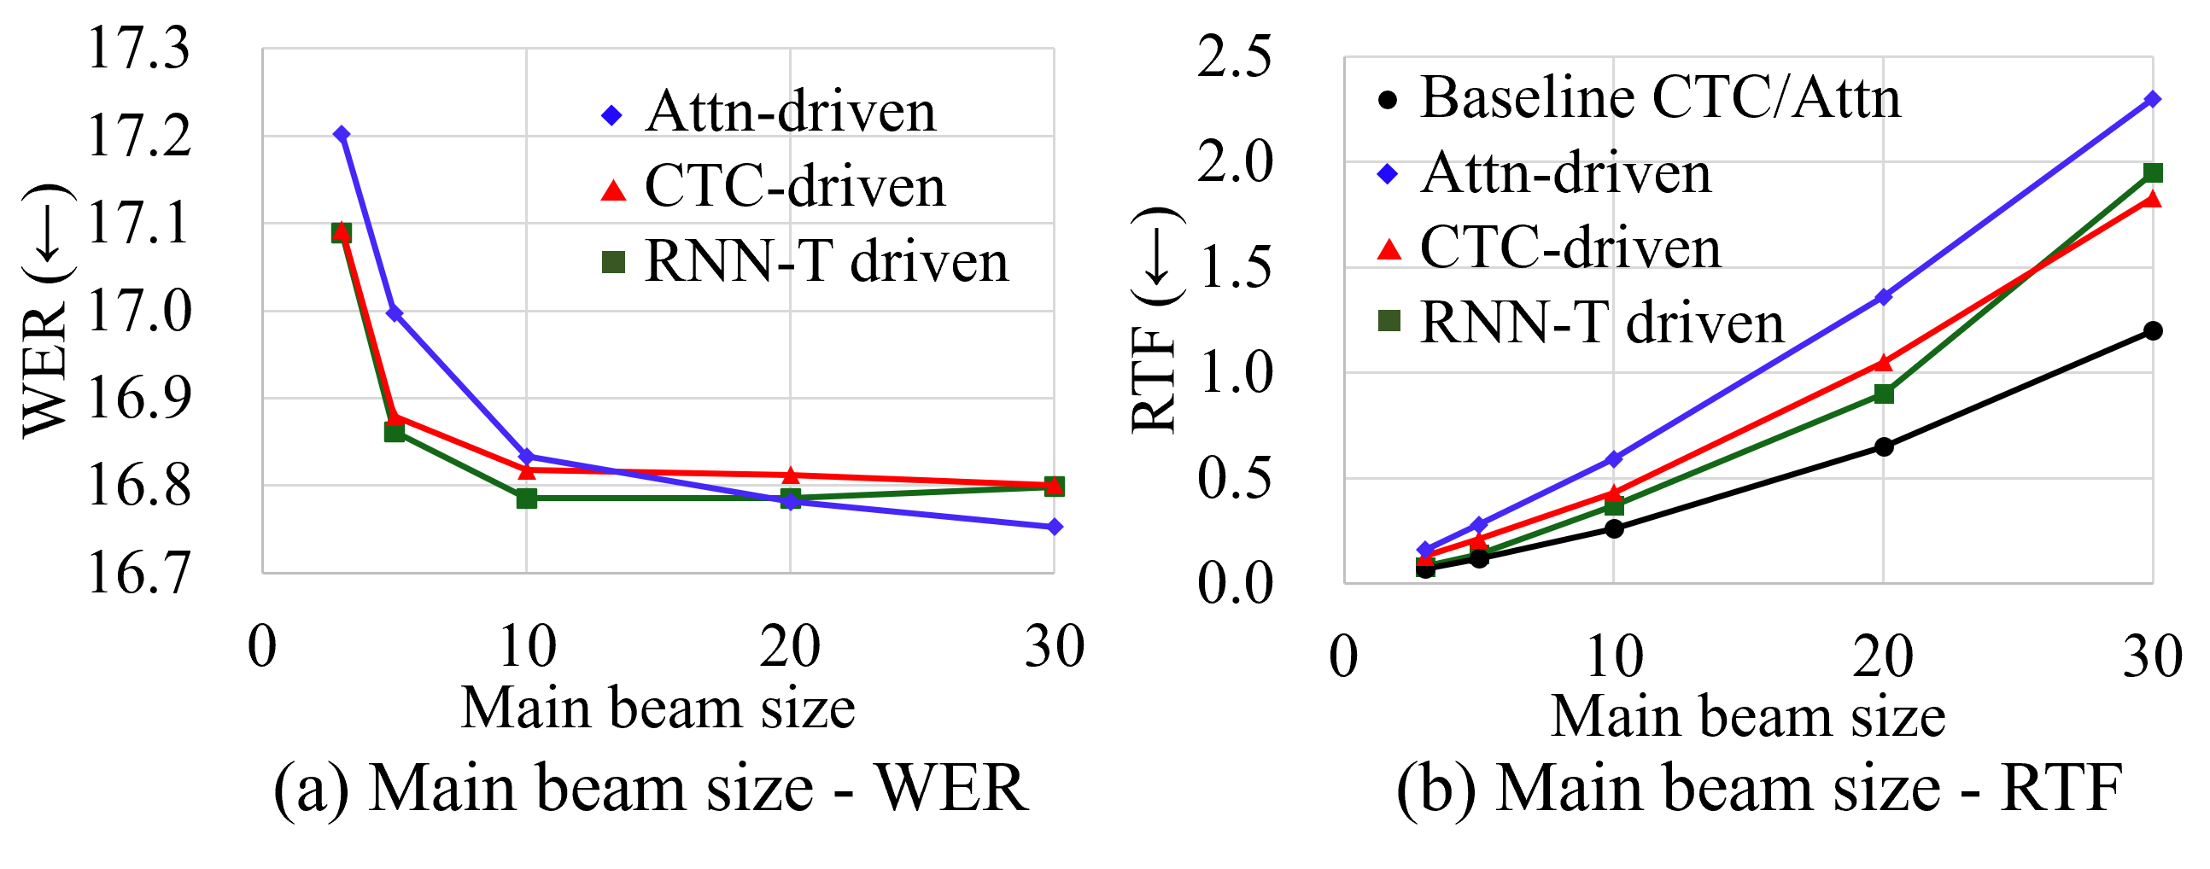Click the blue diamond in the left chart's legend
(x=611, y=115)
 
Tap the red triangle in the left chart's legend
(x=613, y=190)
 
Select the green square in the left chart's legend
(x=613, y=262)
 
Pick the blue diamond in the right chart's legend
(x=1388, y=174)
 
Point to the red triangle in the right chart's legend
(x=1389, y=249)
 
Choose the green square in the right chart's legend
(x=1389, y=321)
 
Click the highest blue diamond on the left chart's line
(x=342, y=134)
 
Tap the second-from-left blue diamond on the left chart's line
(x=395, y=313)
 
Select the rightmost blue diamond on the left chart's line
(x=1055, y=527)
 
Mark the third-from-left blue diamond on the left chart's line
(x=527, y=456)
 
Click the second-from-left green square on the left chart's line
(x=395, y=431)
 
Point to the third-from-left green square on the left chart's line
(x=527, y=498)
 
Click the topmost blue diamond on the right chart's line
(x=2152, y=100)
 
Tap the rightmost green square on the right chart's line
(x=2152, y=172)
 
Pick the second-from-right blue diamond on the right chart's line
(x=1883, y=297)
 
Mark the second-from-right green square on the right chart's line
(x=1883, y=394)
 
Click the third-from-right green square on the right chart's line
(x=1614, y=506)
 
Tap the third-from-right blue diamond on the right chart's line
(x=1614, y=459)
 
